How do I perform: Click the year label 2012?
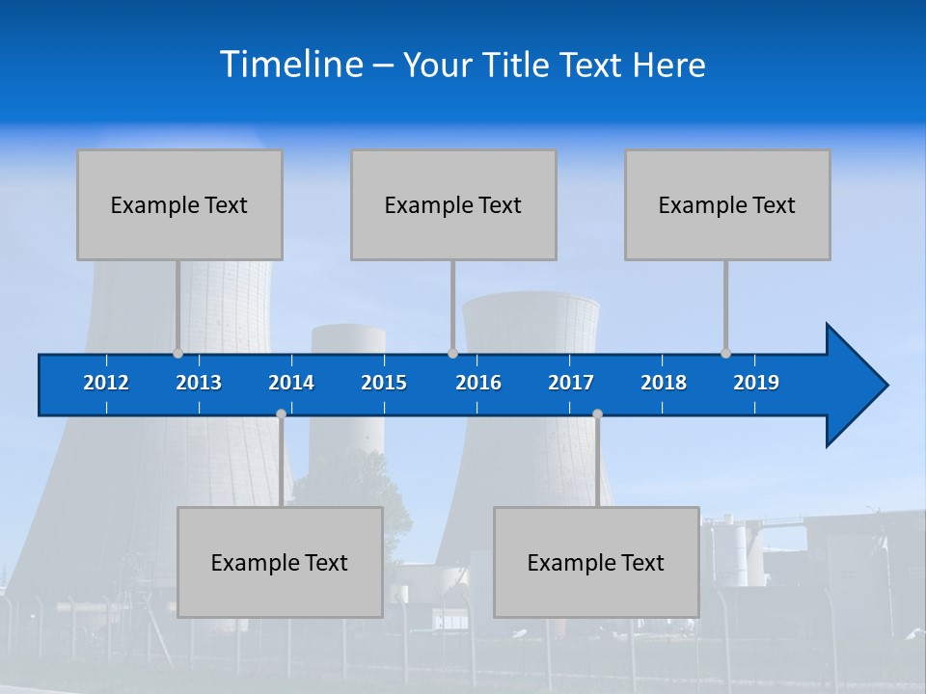point(106,383)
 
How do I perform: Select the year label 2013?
point(199,383)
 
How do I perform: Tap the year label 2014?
point(291,383)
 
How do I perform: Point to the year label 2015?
point(384,383)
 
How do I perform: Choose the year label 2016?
point(478,383)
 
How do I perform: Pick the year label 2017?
point(571,383)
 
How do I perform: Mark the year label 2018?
point(664,383)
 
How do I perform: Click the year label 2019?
point(756,383)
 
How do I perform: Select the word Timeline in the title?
point(290,65)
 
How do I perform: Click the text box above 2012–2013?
point(179,204)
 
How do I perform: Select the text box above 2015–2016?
point(453,204)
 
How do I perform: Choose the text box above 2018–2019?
point(727,204)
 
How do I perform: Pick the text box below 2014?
point(280,562)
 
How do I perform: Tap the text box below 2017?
point(596,562)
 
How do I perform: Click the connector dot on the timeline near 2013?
point(178,353)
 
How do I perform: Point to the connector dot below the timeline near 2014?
point(281,414)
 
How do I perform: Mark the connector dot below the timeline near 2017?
point(597,414)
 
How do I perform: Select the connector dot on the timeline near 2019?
point(725,353)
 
